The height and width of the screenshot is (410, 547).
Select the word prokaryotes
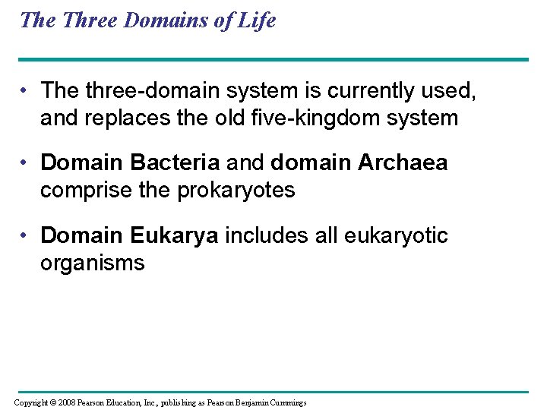pyautogui.click(x=236, y=191)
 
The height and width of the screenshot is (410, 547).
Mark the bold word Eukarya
pyautogui.click(x=175, y=235)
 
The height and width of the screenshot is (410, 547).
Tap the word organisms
pyautogui.click(x=92, y=263)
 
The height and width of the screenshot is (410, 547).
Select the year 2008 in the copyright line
pyautogui.click(x=66, y=402)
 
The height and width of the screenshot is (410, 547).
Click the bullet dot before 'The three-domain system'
pyautogui.click(x=27, y=91)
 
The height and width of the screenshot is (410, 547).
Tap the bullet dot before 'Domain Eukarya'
pyautogui.click(x=27, y=236)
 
